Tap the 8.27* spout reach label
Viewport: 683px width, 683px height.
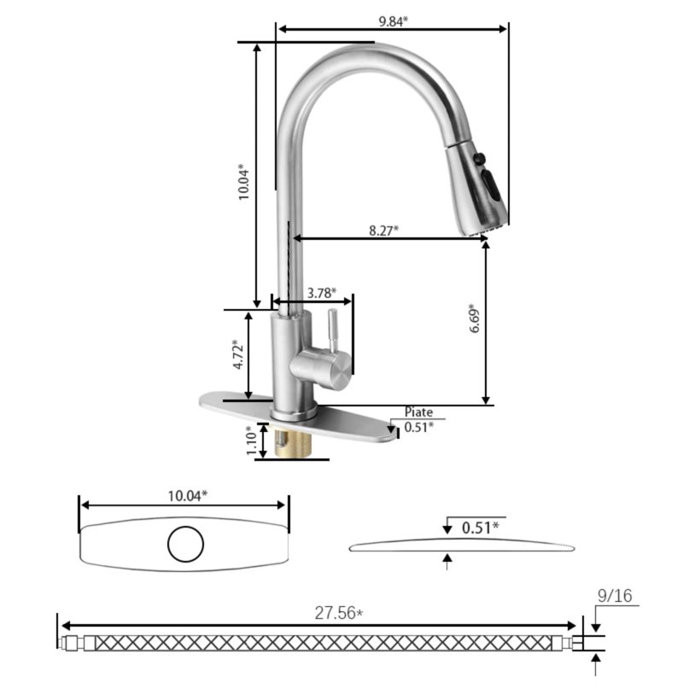click(x=383, y=230)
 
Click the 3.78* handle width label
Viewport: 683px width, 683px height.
click(x=321, y=292)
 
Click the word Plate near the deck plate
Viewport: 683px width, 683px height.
click(x=418, y=412)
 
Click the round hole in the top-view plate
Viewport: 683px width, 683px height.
click(x=185, y=544)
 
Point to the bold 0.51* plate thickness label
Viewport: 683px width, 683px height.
click(x=481, y=528)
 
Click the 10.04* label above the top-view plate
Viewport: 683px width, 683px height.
click(x=187, y=495)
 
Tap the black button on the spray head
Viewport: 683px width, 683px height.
click(x=480, y=158)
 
